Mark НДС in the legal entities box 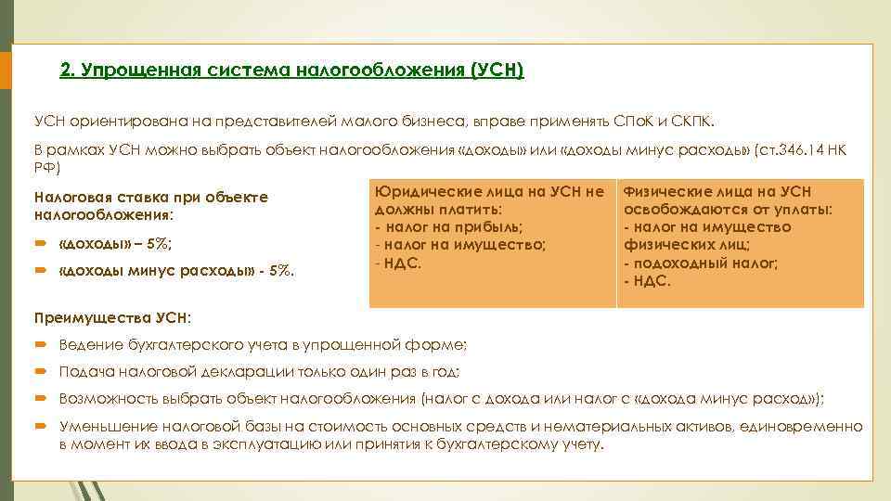[402, 263]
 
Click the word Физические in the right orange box [666, 192]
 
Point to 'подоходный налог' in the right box [704, 263]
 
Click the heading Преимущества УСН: [112, 317]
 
